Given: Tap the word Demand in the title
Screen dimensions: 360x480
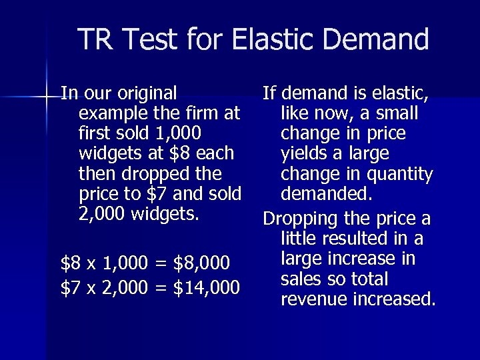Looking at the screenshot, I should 375,39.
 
